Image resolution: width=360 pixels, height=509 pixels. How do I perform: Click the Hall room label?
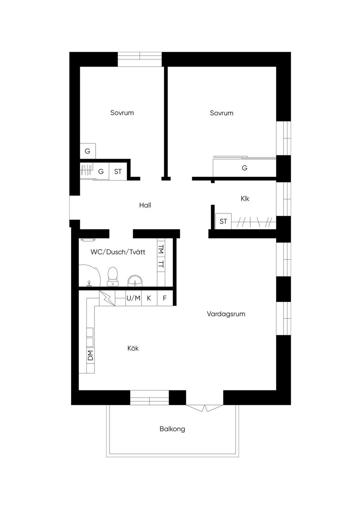145,205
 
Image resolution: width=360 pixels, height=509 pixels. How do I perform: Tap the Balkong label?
172,429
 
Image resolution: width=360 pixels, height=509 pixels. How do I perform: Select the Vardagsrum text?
226,314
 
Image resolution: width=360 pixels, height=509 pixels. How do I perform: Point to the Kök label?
133,348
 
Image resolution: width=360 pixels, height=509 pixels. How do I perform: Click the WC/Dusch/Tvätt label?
118,252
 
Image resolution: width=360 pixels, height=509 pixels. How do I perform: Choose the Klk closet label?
245,199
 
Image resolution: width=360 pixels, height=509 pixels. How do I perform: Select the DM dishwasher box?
90,355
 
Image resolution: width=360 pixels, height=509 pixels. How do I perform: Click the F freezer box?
165,298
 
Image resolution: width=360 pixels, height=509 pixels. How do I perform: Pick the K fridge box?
149,298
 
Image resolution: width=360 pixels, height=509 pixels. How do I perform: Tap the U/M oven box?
134,298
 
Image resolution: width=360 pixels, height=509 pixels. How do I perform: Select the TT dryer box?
161,265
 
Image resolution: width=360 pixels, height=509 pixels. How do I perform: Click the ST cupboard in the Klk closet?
223,221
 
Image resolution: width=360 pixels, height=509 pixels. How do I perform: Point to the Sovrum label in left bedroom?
122,113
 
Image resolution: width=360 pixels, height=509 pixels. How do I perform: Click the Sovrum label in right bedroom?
221,113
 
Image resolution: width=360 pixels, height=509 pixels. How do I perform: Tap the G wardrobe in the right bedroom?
245,168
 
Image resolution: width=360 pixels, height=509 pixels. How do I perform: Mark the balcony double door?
205,408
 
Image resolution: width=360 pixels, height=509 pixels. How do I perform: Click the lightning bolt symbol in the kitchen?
107,298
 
